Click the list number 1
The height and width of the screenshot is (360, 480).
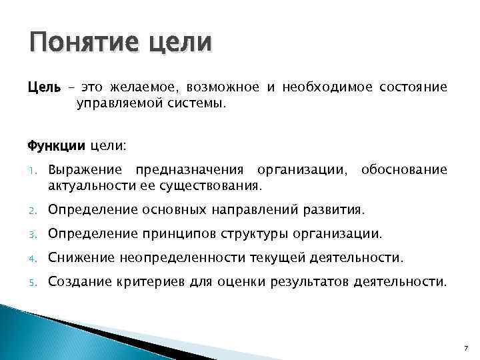click(x=33, y=171)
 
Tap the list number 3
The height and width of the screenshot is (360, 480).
click(x=33, y=233)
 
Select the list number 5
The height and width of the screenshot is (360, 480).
click(x=33, y=281)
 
